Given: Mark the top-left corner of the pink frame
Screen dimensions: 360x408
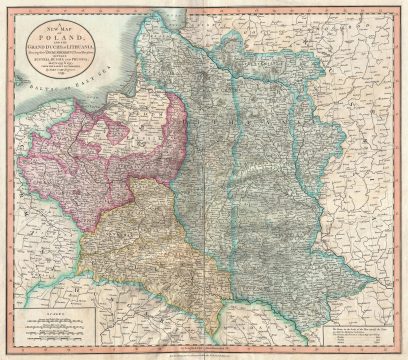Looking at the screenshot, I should pyautogui.click(x=8, y=7).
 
